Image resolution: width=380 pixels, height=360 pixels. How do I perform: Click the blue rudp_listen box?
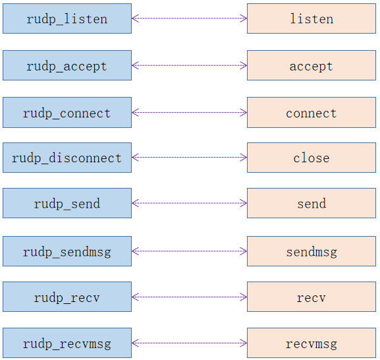[x=67, y=18]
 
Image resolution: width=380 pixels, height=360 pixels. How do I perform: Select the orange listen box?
[x=312, y=18]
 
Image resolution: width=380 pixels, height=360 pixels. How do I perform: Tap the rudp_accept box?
[x=67, y=65]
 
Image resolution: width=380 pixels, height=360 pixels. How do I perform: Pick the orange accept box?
[x=312, y=65]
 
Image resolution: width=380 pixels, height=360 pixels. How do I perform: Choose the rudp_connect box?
[x=67, y=112]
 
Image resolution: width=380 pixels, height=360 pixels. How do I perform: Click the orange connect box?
[x=312, y=112]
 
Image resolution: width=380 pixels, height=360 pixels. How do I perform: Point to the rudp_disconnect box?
[x=67, y=158]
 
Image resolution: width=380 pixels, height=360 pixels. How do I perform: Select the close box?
[x=312, y=158]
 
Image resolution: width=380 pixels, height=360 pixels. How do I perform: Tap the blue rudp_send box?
[x=67, y=203]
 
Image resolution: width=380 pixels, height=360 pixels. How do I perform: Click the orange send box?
[x=312, y=203]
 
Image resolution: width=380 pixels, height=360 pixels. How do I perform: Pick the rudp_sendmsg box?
[x=67, y=251]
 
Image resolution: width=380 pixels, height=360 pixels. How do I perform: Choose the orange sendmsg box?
[x=312, y=251]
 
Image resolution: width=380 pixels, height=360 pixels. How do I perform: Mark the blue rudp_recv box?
[x=67, y=297]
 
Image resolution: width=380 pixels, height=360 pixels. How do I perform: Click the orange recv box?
[x=312, y=297]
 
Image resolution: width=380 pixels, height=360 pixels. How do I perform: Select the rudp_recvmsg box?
[x=67, y=343]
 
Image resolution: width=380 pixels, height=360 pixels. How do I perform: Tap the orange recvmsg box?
[x=312, y=343]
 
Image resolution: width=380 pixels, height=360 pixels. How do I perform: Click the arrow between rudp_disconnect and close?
[x=189, y=158]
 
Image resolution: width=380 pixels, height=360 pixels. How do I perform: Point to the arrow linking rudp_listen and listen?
[x=189, y=18]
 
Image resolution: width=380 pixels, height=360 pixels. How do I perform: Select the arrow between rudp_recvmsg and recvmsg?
[x=189, y=343]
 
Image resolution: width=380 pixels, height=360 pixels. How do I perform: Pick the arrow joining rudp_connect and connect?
[x=189, y=112]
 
